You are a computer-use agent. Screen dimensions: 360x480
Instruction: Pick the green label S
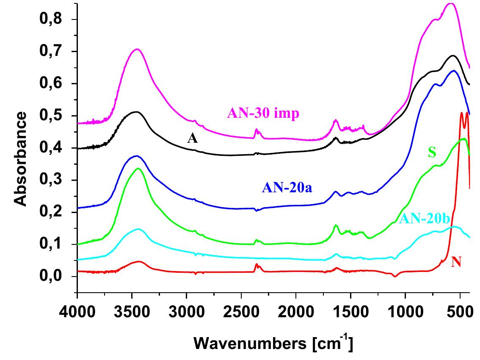click(x=432, y=153)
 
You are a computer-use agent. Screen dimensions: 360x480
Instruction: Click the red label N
click(x=456, y=263)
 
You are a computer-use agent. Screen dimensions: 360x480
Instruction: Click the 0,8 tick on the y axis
click(x=54, y=19)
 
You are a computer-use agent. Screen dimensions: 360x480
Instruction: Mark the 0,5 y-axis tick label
click(x=54, y=116)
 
